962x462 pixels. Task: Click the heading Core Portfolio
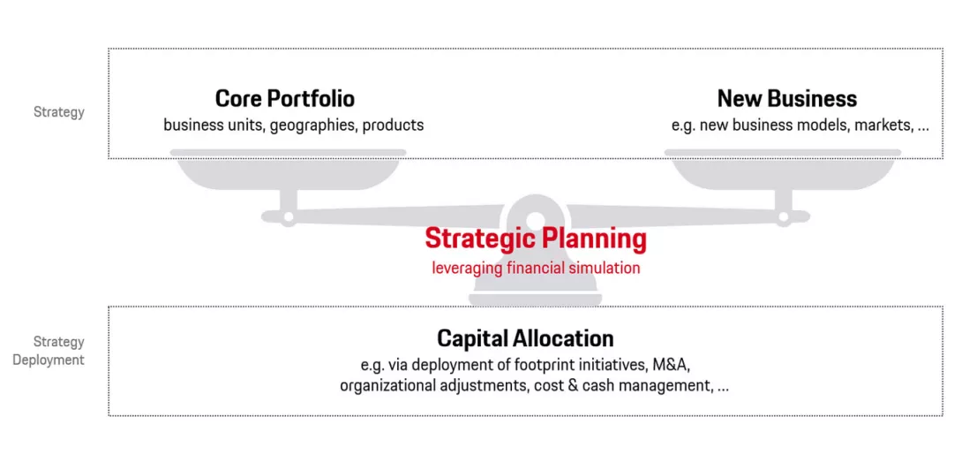284,98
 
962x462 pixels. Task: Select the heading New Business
786,98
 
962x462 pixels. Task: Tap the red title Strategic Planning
535,239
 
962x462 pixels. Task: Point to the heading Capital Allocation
525,338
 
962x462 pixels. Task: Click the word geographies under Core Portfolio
312,125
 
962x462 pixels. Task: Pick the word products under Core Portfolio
393,125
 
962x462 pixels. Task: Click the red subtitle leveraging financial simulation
536,268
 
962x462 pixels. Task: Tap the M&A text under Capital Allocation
680,364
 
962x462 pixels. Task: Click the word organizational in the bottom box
387,386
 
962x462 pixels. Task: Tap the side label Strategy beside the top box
59,112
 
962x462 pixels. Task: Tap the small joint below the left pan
288,215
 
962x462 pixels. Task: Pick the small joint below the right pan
782,215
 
